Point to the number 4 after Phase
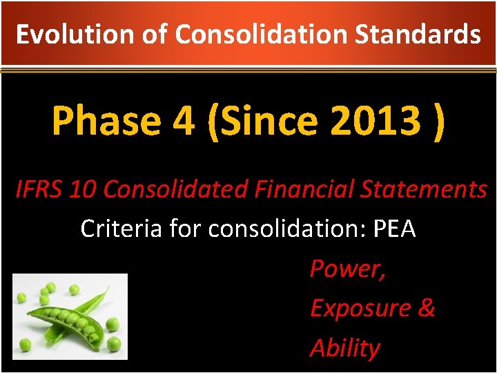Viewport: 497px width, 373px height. [183, 122]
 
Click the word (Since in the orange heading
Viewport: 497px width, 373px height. [263, 122]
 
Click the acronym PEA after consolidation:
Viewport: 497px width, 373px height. [393, 229]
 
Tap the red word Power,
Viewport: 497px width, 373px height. [347, 269]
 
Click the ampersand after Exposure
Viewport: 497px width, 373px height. [426, 308]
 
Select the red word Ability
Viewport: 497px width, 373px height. [344, 348]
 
